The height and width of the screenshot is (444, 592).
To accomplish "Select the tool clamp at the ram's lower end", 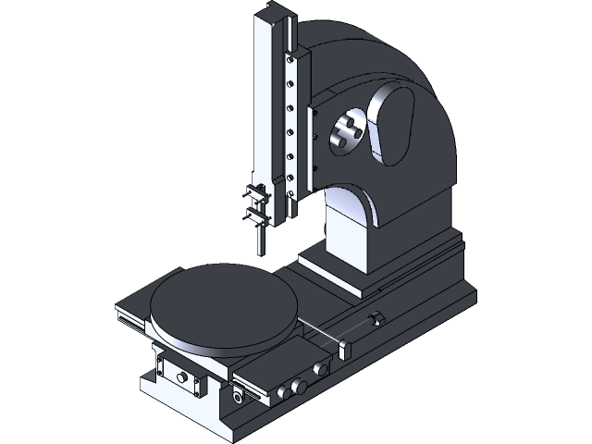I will [x=257, y=205].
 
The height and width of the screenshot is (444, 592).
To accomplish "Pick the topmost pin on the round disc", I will [x=349, y=119].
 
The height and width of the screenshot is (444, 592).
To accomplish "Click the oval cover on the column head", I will [x=392, y=125].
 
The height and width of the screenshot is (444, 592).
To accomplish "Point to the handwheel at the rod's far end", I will [x=376, y=319].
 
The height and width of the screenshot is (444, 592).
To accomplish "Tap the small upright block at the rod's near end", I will [x=345, y=349].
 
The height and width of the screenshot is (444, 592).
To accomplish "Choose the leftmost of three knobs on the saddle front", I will [x=281, y=392].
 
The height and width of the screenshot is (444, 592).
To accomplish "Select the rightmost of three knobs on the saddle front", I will [x=321, y=369].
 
